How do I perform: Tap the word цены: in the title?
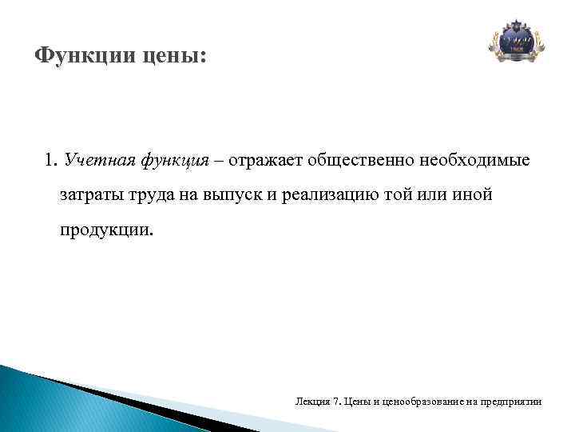tap(170, 57)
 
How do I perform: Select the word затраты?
tap(87, 195)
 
